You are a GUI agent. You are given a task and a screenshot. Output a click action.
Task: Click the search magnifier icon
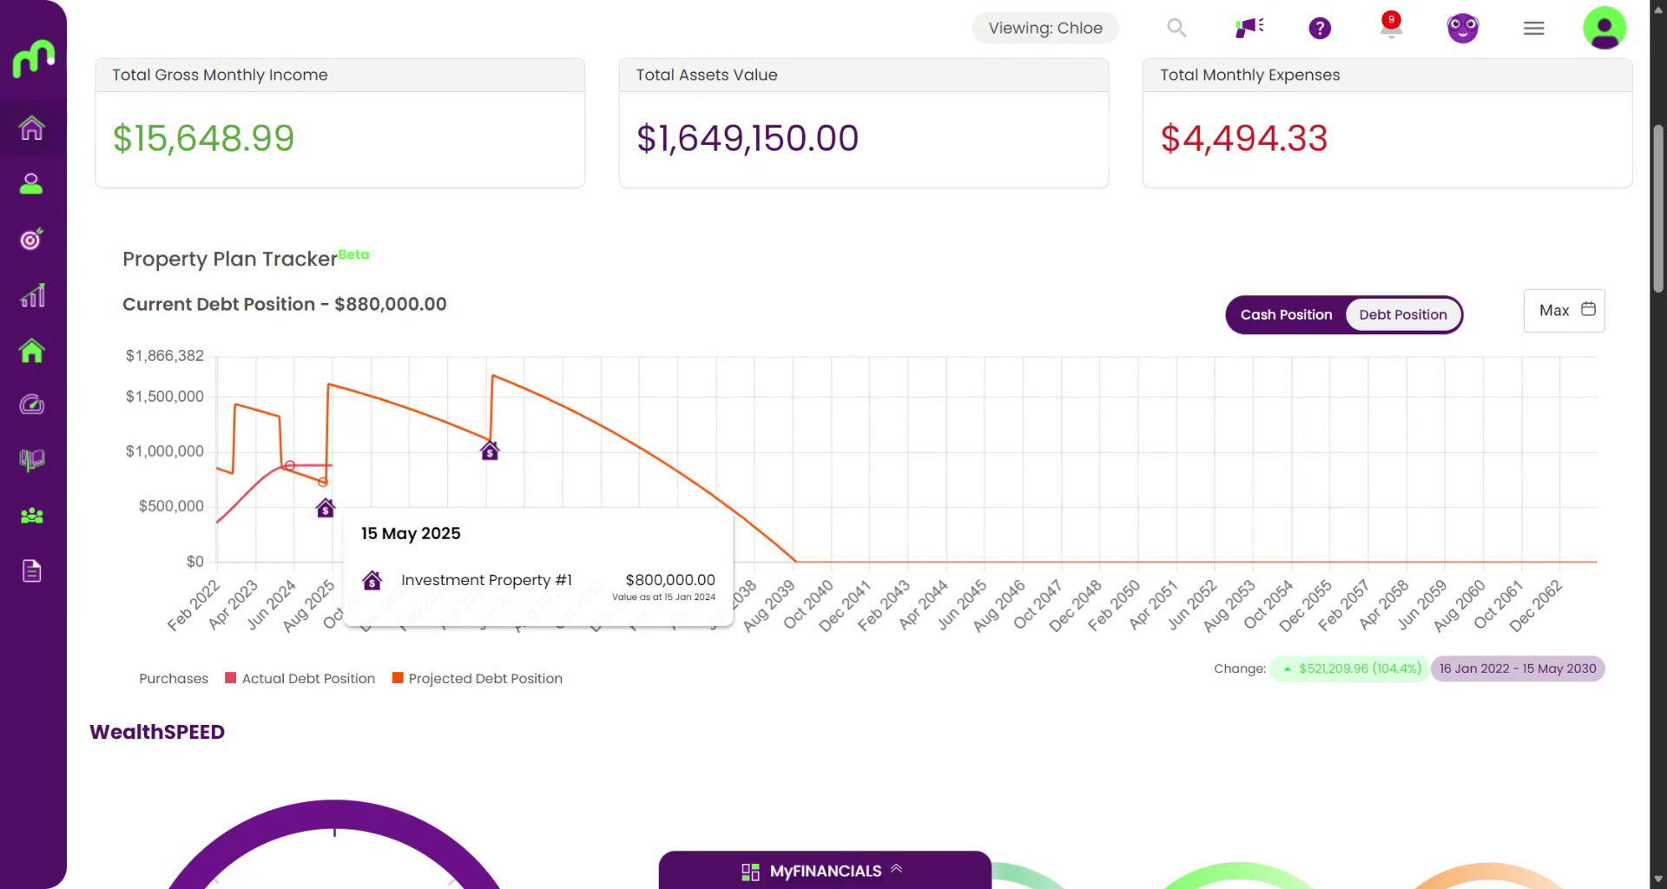tap(1176, 28)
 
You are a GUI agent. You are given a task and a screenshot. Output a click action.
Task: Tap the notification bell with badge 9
tap(1391, 27)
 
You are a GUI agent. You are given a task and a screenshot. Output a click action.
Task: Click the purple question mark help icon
tap(1320, 29)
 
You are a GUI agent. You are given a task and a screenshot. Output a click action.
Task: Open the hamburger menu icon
tap(1534, 29)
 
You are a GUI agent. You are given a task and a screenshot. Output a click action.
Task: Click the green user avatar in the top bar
tap(1604, 28)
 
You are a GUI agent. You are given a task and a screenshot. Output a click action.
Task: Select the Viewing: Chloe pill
tap(1045, 28)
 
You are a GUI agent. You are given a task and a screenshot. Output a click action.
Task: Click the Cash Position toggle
tap(1286, 314)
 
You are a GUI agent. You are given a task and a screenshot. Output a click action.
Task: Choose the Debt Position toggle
tap(1403, 314)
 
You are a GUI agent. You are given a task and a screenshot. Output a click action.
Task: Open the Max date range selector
tap(1565, 310)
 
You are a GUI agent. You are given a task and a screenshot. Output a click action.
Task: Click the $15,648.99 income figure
tap(204, 138)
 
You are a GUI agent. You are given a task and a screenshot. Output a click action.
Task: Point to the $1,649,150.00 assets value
tap(748, 138)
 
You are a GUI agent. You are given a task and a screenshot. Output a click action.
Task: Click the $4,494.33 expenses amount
tap(1244, 138)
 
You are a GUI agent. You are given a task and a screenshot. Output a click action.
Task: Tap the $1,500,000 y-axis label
tap(165, 397)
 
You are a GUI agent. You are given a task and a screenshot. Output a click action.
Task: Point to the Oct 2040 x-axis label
tap(808, 604)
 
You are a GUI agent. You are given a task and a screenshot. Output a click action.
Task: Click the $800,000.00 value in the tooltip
tap(670, 580)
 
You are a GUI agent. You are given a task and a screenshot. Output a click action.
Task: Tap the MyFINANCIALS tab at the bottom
tap(825, 871)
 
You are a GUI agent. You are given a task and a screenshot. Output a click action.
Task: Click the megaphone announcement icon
tap(1249, 28)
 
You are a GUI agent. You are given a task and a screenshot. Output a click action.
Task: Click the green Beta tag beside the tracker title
tap(353, 254)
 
